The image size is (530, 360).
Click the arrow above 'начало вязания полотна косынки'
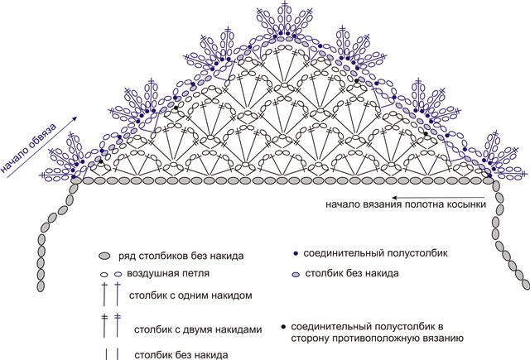(x=438, y=198)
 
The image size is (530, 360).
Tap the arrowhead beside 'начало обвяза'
(x=75, y=119)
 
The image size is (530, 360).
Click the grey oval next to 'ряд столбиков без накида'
(x=105, y=256)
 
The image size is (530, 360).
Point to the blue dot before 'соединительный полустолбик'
(x=296, y=253)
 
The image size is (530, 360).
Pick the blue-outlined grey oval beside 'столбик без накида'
(x=296, y=275)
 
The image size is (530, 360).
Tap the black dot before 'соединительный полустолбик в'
(x=283, y=327)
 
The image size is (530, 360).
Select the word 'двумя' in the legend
(x=188, y=329)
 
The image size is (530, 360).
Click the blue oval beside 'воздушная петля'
(x=118, y=274)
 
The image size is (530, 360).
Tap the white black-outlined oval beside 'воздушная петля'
(x=104, y=274)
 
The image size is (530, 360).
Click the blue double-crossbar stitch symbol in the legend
(x=118, y=325)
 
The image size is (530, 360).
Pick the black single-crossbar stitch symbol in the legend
(x=104, y=294)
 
